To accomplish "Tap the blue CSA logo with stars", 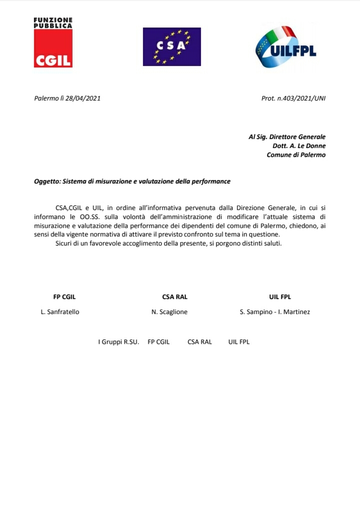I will point(171,46).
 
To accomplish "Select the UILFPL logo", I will point(286,47).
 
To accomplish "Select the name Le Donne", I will point(313,146).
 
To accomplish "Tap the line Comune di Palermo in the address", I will point(296,155).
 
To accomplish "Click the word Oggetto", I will point(46,181).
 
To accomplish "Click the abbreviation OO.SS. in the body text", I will point(90,216).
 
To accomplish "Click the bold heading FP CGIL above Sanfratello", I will point(64,296).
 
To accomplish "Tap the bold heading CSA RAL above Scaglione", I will point(175,296).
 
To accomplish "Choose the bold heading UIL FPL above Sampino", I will point(279,296).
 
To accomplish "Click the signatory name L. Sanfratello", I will point(60,312).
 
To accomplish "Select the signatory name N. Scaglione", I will point(169,312).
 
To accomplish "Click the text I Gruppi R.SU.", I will point(118,342).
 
